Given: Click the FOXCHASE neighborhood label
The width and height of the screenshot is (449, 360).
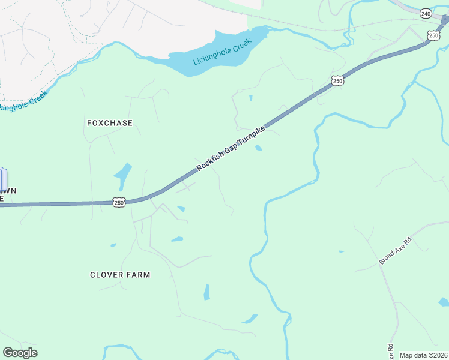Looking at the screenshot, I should tap(110, 123).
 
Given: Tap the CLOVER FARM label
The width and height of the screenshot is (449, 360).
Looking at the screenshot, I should tap(120, 275).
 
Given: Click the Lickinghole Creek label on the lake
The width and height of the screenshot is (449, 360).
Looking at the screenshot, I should tap(221, 55).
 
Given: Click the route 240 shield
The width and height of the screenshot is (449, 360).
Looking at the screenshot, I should tap(426, 13).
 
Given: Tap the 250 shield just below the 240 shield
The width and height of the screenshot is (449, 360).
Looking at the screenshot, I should tap(434, 35).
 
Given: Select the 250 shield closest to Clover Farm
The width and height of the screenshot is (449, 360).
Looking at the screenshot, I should tap(119, 203).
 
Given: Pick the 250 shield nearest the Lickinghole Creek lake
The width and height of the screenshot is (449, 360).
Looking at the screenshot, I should tap(337, 80).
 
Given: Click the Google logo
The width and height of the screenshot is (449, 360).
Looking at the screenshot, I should tap(20, 353).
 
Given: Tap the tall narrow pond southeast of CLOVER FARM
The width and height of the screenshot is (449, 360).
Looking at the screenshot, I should tap(206, 292).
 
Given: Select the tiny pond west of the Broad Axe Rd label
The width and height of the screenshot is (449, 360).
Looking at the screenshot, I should tap(342, 251).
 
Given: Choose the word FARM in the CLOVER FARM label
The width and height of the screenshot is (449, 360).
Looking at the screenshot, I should tap(137, 275).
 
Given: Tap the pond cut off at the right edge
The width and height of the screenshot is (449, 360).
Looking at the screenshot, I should tap(444, 302).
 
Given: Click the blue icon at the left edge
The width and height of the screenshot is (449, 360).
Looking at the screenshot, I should tap(3, 179).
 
